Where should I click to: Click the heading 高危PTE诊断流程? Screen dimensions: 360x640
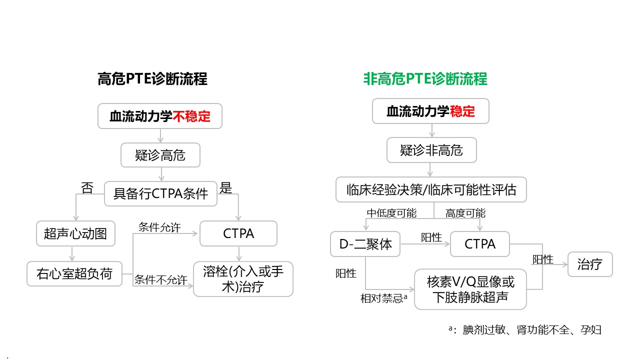click(152, 79)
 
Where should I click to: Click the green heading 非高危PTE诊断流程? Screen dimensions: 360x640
click(425, 79)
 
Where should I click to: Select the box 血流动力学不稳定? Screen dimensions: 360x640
click(160, 116)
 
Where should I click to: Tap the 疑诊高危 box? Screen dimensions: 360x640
click(160, 155)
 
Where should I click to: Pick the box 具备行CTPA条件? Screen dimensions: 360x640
click(160, 193)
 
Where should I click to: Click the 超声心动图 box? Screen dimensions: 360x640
click(75, 233)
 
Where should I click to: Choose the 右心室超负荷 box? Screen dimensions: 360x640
click(74, 273)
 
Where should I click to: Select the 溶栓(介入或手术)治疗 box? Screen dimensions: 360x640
click(243, 279)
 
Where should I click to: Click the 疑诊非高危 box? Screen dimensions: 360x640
click(431, 150)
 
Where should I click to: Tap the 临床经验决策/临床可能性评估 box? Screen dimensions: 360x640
click(431, 189)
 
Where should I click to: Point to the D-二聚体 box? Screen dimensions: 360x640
click(365, 244)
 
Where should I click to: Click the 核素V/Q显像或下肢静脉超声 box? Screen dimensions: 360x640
click(470, 289)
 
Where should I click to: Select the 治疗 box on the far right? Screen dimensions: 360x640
click(589, 264)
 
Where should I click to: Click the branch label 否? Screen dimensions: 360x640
click(87, 188)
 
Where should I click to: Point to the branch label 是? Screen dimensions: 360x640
click(226, 188)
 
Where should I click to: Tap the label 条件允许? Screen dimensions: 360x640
click(159, 227)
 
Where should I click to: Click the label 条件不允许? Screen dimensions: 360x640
click(160, 279)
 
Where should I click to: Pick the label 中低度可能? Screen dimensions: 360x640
click(391, 213)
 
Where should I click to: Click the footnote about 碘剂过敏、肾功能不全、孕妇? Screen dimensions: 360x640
click(524, 329)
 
